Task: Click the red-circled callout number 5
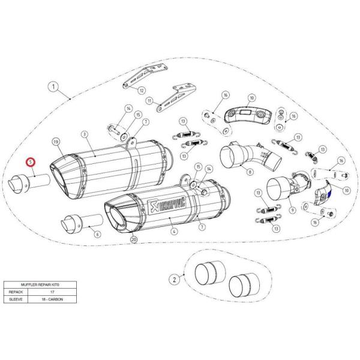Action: pos(30,161)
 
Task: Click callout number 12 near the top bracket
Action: pos(142,91)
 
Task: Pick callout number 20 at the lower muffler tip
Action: pos(133,239)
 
